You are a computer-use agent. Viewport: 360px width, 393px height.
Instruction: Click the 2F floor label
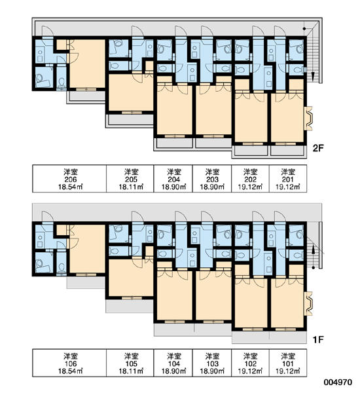(x=318, y=149)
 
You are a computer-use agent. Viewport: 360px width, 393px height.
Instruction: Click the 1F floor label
(x=318, y=339)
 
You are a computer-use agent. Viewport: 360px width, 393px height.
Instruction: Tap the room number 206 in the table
(x=71, y=179)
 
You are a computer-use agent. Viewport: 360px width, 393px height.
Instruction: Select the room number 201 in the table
(x=288, y=179)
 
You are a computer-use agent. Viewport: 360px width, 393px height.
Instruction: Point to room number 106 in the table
(x=71, y=364)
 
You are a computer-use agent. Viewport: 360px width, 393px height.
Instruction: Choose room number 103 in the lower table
(x=212, y=364)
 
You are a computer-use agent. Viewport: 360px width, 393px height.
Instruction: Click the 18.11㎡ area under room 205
(x=131, y=187)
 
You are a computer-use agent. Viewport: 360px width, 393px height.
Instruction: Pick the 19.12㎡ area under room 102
(x=250, y=371)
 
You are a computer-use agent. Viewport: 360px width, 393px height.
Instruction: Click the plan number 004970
(x=338, y=383)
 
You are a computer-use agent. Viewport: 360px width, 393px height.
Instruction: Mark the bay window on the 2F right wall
(x=309, y=118)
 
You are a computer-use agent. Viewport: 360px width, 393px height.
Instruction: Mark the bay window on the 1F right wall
(x=309, y=303)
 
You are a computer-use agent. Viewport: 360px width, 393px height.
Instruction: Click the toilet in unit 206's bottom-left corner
(x=62, y=82)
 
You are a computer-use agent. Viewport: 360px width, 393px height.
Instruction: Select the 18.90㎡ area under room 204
(x=174, y=187)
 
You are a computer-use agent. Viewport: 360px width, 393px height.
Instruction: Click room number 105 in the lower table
(x=131, y=364)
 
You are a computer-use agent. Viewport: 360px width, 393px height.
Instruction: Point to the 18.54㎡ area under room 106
(x=71, y=371)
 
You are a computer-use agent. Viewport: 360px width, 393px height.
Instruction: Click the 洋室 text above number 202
(x=250, y=172)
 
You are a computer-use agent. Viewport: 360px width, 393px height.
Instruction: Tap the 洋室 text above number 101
(x=288, y=356)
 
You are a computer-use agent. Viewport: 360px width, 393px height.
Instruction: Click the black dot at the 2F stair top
(x=304, y=29)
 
